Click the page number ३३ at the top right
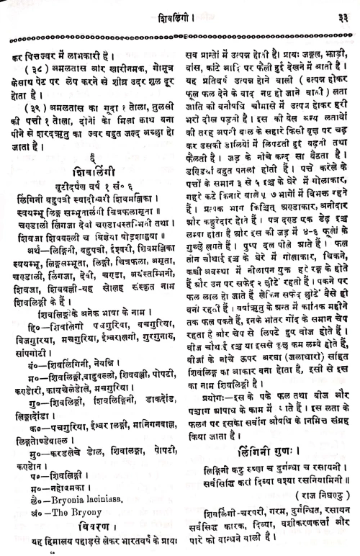(345, 11)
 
